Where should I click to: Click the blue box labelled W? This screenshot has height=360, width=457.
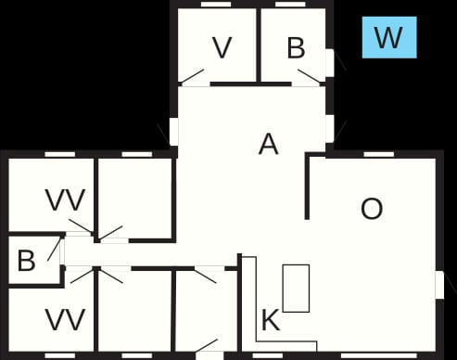(389, 37)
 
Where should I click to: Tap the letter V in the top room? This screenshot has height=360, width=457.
(222, 47)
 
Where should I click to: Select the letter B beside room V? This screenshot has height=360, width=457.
(296, 47)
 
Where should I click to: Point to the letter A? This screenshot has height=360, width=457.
(268, 144)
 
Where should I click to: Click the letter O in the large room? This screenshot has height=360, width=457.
(372, 209)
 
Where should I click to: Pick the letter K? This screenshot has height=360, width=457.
(271, 320)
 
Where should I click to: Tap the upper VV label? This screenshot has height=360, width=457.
(65, 199)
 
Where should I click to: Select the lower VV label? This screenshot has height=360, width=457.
(65, 319)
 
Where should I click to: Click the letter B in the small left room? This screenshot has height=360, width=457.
(26, 261)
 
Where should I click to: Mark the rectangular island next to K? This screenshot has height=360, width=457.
(296, 289)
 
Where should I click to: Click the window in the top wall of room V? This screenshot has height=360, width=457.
(216, 5)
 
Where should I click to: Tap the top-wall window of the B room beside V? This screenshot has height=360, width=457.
(290, 5)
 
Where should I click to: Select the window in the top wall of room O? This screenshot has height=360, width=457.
(379, 154)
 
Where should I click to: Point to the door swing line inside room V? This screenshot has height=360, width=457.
(192, 76)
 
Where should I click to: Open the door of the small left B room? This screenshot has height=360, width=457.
(55, 249)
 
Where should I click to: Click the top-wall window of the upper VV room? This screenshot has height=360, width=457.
(60, 154)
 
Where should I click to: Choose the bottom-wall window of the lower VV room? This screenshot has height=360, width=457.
(60, 355)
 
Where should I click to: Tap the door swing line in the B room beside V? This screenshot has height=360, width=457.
(310, 76)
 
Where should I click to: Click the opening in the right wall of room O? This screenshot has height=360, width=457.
(439, 285)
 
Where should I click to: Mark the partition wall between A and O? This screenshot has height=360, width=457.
(307, 186)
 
